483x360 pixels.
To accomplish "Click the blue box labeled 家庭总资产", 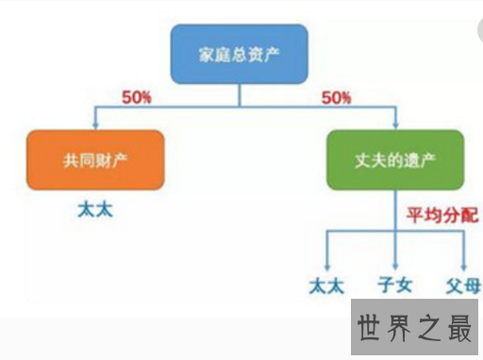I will tap(239, 54).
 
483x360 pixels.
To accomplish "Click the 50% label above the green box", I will tap(336, 97).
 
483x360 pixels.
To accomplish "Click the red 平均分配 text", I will tap(441, 216).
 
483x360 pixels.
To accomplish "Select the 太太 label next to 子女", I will tap(325, 284).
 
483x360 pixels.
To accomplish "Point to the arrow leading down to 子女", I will tap(395, 254).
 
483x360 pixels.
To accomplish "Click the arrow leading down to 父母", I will tap(463, 254).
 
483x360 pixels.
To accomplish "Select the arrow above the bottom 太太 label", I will tap(325, 254).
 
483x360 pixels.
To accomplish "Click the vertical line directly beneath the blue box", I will tap(240, 93).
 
